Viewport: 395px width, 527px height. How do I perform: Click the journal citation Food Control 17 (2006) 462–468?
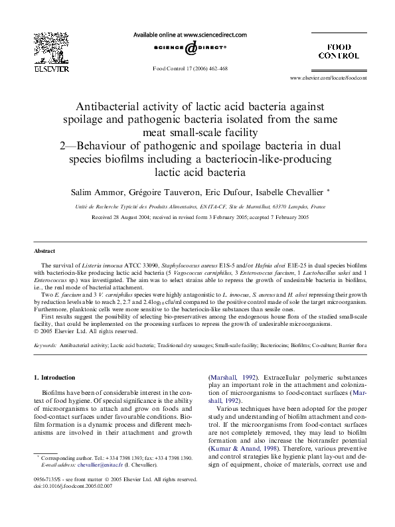click(191, 68)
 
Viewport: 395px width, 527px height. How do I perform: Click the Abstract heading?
click(44, 251)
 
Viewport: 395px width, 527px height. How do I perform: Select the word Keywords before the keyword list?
click(44, 346)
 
